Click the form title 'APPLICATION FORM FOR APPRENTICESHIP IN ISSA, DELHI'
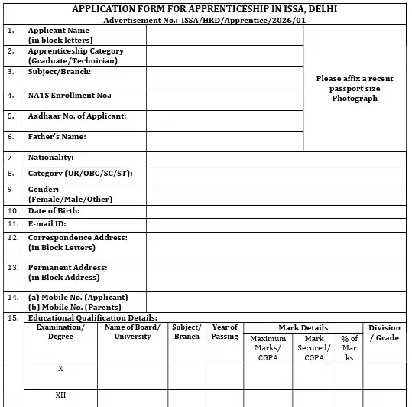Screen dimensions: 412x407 [x=204, y=9]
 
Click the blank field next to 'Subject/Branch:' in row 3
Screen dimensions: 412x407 [x=224, y=77]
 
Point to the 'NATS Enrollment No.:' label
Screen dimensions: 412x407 [x=70, y=96]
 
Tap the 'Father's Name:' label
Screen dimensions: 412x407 [x=57, y=137]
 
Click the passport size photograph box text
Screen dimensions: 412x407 [x=355, y=88]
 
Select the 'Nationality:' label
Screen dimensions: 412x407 [x=50, y=158]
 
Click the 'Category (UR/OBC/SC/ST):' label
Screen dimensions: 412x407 [x=80, y=174]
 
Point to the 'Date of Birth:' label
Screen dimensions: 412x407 [x=54, y=210]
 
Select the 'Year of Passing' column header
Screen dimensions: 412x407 [x=225, y=332]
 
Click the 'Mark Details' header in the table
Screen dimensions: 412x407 [x=303, y=327]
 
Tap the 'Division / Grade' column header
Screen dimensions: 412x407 [x=384, y=333]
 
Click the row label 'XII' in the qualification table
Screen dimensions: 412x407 [x=60, y=396]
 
